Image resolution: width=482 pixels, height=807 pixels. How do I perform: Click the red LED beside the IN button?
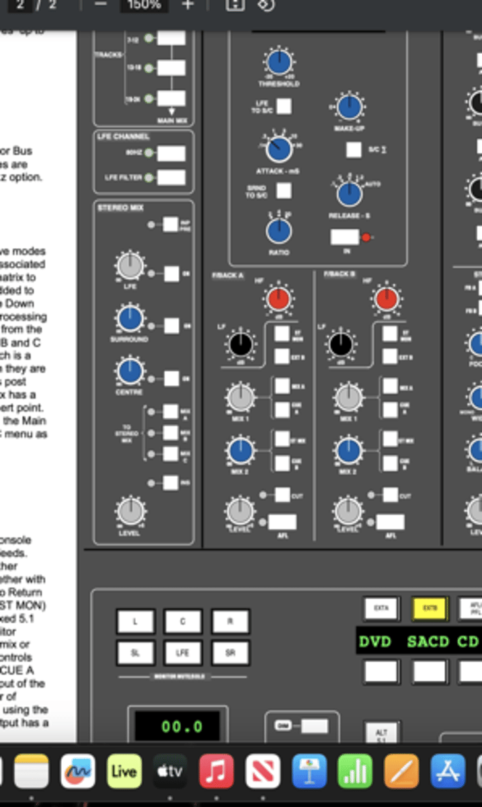[x=366, y=237]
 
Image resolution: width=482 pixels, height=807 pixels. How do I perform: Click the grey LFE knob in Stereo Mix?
[x=130, y=266]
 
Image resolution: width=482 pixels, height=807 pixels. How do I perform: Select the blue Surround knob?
[x=130, y=318]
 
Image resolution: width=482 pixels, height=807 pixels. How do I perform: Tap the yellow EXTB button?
[x=430, y=609]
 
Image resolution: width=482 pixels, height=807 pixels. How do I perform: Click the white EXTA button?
[x=381, y=609]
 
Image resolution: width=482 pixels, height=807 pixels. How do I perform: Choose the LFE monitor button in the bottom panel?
[x=183, y=652]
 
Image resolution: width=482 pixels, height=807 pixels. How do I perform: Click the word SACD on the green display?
[x=428, y=641]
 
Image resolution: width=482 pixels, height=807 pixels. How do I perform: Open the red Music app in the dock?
[x=217, y=771]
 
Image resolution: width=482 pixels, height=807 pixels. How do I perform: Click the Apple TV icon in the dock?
[x=170, y=771]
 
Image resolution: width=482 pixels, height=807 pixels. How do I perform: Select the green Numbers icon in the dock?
[x=355, y=771]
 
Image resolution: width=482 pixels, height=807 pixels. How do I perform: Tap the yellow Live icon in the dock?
[x=124, y=771]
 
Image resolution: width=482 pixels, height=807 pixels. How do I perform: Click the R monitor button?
[x=230, y=621]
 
